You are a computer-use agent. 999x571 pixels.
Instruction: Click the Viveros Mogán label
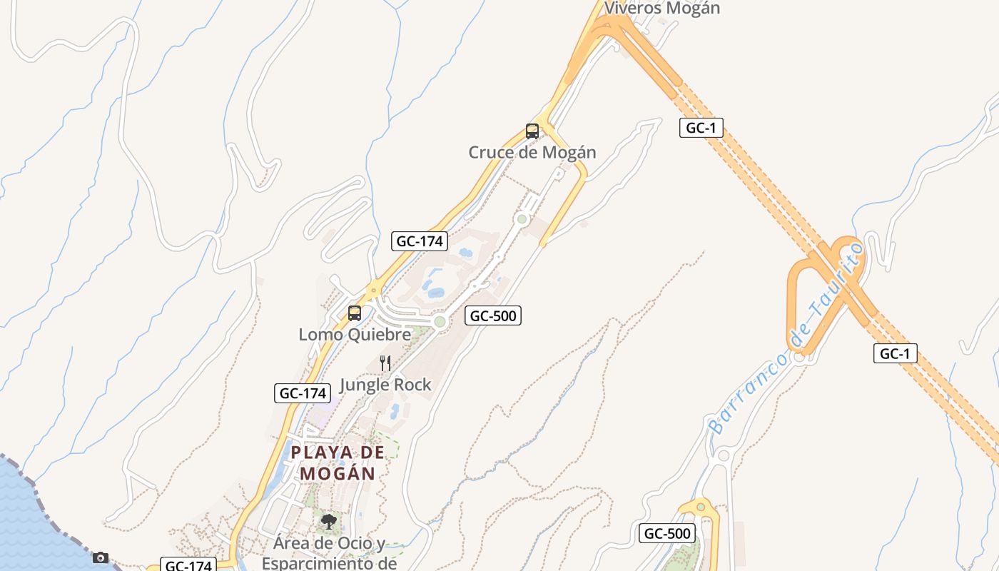pyautogui.click(x=662, y=9)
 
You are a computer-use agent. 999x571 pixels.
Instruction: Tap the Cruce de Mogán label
pyautogui.click(x=532, y=152)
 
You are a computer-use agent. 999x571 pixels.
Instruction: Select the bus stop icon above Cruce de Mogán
pyautogui.click(x=532, y=131)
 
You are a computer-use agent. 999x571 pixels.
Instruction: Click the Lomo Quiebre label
pyautogui.click(x=355, y=334)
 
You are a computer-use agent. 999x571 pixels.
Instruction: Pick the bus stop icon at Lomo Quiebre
pyautogui.click(x=355, y=313)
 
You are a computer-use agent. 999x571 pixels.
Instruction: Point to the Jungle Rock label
pyautogui.click(x=385, y=385)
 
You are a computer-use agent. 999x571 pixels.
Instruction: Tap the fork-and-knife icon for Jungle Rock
pyautogui.click(x=385, y=363)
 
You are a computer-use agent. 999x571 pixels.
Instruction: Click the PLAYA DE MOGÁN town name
pyautogui.click(x=338, y=463)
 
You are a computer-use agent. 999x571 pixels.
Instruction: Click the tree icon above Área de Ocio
pyautogui.click(x=328, y=522)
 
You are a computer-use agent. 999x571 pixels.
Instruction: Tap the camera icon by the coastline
pyautogui.click(x=101, y=557)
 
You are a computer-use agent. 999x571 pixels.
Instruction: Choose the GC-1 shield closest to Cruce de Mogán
pyautogui.click(x=701, y=128)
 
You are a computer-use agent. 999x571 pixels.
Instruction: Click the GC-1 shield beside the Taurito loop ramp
pyautogui.click(x=896, y=353)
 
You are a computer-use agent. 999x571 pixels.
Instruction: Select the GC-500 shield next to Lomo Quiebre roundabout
pyautogui.click(x=493, y=315)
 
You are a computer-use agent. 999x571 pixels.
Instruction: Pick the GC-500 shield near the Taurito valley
pyautogui.click(x=667, y=533)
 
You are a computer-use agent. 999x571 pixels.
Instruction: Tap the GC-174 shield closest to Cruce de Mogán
pyautogui.click(x=420, y=241)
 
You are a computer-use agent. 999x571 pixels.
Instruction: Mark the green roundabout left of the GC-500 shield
pyautogui.click(x=440, y=322)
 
